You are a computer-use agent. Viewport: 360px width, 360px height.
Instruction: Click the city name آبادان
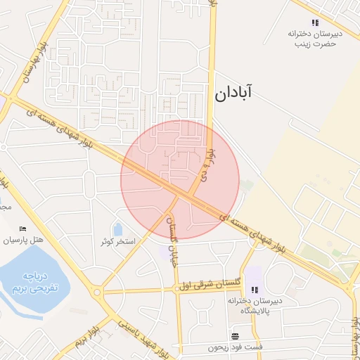(232, 91)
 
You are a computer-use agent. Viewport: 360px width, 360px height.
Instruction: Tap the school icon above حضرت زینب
(314, 22)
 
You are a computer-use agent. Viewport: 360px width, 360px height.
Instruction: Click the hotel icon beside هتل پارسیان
(23, 229)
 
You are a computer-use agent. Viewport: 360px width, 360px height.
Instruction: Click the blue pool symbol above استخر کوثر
(117, 229)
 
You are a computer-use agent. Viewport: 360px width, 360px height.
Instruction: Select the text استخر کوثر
(117, 241)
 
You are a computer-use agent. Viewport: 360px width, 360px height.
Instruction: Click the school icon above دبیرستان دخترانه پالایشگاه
(255, 289)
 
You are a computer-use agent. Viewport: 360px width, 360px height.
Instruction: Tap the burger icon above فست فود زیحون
(235, 336)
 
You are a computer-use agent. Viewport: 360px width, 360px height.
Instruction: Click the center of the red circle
(180, 180)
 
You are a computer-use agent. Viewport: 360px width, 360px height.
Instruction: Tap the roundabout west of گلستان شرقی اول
(96, 292)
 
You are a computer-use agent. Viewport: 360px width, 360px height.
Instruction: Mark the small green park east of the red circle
(246, 186)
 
